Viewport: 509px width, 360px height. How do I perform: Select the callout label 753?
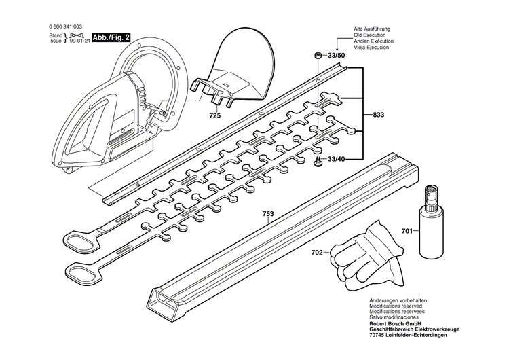(268, 214)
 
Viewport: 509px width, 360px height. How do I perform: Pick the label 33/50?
(336, 54)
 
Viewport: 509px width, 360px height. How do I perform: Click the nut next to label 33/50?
(318, 54)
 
